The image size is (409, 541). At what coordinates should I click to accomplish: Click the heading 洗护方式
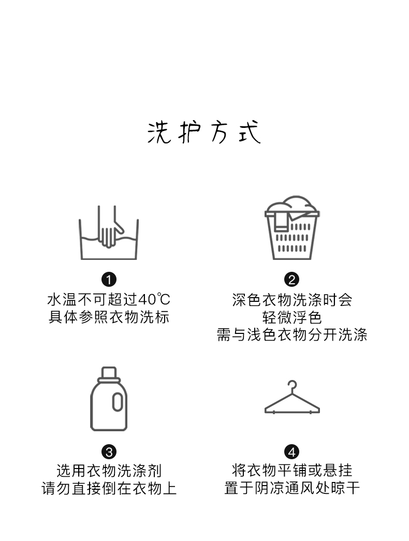pos(203,131)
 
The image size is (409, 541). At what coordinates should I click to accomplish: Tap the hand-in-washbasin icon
pos(109,232)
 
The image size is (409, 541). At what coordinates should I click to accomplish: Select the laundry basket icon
pos(292,228)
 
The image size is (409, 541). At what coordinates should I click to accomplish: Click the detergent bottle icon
pos(109,399)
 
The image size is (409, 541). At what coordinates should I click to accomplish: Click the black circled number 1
pos(109,280)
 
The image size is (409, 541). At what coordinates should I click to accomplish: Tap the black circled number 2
pos(292,280)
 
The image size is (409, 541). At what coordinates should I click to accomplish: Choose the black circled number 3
pos(109,452)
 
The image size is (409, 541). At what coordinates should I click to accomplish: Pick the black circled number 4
pos(292,452)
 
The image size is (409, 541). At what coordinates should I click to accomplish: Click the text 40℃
pos(154,299)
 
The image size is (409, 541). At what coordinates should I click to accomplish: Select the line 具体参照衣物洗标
pos(109,317)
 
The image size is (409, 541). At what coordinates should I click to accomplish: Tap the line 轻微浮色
pos(292,317)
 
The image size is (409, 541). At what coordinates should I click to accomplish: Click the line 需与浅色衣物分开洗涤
pos(292,334)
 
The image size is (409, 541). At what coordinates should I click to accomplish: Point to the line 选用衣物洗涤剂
pos(109,471)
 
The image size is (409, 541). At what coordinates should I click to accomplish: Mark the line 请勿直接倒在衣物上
pos(109,488)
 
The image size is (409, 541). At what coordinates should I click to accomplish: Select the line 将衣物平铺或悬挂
pos(292,471)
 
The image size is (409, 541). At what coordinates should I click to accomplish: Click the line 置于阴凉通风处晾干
pos(292,488)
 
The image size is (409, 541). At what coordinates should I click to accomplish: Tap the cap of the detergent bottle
pos(109,373)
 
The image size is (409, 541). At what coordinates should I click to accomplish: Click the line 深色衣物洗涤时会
pos(292,299)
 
